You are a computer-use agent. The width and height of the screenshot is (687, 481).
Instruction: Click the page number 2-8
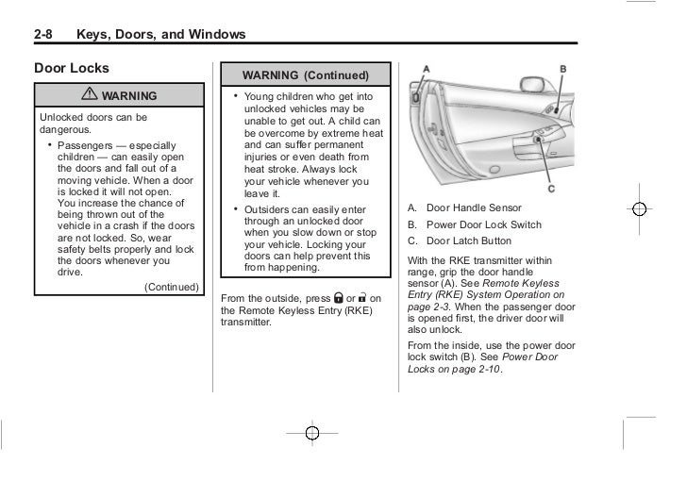click(x=45, y=35)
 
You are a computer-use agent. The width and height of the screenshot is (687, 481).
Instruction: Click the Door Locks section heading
click(x=72, y=68)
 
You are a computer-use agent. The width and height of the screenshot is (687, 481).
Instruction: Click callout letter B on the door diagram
click(x=563, y=70)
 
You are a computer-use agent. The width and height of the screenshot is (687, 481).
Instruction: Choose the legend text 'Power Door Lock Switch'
click(x=484, y=224)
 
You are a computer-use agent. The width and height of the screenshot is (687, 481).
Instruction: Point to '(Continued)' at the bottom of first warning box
click(x=171, y=287)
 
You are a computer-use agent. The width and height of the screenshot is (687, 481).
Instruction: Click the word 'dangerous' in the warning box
click(x=63, y=129)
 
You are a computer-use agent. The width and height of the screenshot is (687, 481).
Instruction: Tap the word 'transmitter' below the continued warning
click(x=244, y=322)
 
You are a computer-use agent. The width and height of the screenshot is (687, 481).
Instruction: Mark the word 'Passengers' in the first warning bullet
click(x=83, y=146)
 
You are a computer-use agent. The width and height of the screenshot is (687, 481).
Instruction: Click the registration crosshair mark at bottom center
click(x=312, y=432)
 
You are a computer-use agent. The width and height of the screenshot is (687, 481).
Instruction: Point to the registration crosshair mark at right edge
click(x=639, y=209)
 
